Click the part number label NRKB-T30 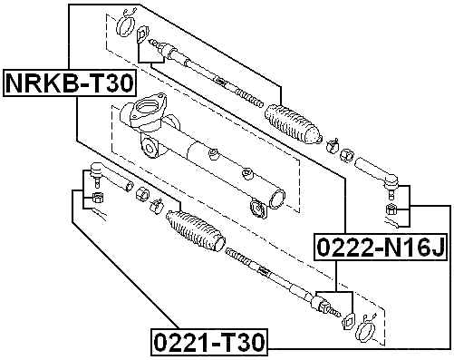[70, 83]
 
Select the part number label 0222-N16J [380, 246]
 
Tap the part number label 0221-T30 [209, 342]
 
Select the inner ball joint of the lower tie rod [324, 305]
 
